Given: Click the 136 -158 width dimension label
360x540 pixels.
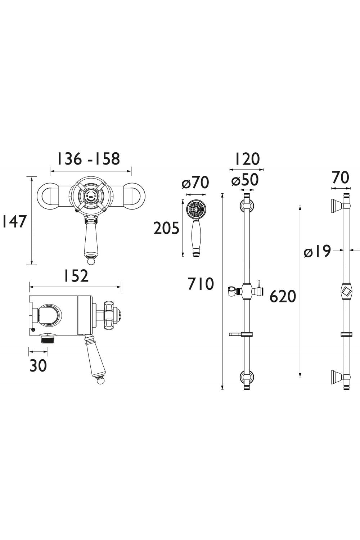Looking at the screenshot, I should pos(89,159).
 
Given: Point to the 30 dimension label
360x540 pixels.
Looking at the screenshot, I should pos(38,366).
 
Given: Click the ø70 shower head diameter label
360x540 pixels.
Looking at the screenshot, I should pos(195,183).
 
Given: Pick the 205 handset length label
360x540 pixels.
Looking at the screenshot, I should pos(166,228).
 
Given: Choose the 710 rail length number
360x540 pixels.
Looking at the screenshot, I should pos(201,284).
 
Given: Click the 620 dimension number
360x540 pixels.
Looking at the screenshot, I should pos(283,296).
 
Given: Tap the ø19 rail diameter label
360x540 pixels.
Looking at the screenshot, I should pos(317,251).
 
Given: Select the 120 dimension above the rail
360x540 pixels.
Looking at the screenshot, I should pos(247,159).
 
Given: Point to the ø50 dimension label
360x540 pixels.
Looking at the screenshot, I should pos(245,180).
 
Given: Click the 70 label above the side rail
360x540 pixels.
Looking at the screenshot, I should pos(340,178).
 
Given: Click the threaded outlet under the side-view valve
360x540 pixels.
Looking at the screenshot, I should pos(44,339).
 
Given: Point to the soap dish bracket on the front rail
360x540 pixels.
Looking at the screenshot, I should pos(239,334).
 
